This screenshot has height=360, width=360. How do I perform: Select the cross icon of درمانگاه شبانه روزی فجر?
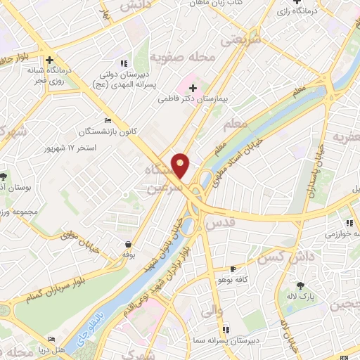(49, 60)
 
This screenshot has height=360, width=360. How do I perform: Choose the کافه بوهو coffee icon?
(233, 269)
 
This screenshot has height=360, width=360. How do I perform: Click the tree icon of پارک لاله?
(301, 285)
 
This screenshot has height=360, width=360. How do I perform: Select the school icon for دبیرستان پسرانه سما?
(226, 329)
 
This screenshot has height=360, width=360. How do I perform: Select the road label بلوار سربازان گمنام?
(53, 283)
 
